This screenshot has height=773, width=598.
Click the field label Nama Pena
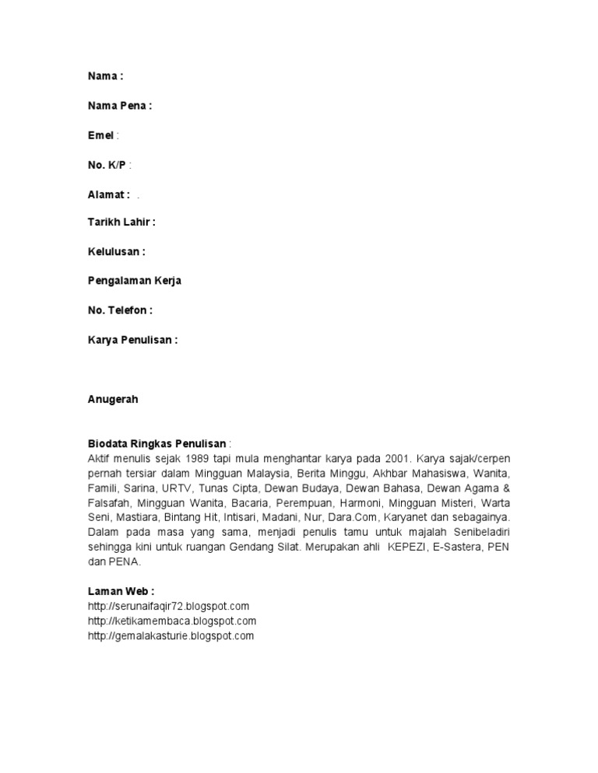[119, 106]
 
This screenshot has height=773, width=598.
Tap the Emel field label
[100, 135]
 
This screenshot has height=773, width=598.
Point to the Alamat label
[108, 194]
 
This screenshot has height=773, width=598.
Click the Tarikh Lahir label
[121, 222]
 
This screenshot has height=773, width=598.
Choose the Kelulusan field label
[116, 251]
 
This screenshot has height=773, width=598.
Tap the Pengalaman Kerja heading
[135, 281]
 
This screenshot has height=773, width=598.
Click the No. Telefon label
[120, 310]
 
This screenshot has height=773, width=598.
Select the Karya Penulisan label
[132, 340]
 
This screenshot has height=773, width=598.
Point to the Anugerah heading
[113, 399]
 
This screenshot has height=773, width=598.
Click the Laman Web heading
[121, 591]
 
